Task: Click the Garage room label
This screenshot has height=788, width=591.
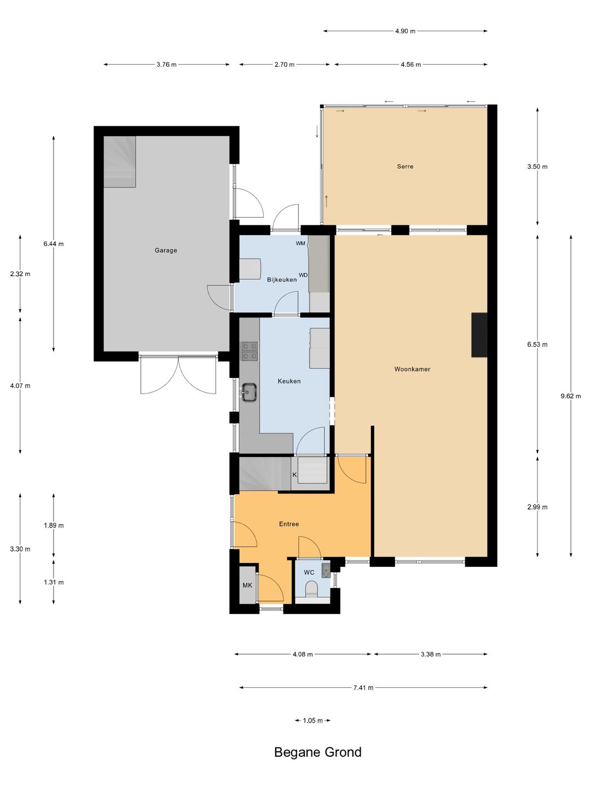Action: (x=166, y=250)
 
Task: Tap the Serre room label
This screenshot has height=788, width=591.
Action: (x=405, y=166)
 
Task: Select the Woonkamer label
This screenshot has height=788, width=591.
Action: (x=412, y=369)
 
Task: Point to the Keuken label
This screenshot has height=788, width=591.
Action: (x=289, y=381)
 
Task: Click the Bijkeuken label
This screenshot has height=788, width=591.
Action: (x=282, y=280)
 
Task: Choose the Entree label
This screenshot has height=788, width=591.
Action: (x=289, y=524)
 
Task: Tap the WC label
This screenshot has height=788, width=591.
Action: (x=309, y=572)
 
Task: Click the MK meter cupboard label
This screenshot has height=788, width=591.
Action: (x=247, y=585)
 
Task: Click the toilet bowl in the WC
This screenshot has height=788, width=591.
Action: (x=311, y=589)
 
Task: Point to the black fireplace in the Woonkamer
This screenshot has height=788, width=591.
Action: (x=479, y=335)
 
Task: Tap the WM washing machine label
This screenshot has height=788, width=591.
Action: (x=300, y=243)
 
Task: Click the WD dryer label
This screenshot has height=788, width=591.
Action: (x=303, y=275)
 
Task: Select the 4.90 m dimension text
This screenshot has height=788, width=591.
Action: (x=405, y=31)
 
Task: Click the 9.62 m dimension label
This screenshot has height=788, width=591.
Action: (x=571, y=396)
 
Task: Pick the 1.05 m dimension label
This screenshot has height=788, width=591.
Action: (x=312, y=721)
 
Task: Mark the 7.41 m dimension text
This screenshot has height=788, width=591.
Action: (x=363, y=688)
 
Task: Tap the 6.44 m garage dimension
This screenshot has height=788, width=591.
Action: (x=54, y=244)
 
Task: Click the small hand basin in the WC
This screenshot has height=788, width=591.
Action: (x=326, y=569)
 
